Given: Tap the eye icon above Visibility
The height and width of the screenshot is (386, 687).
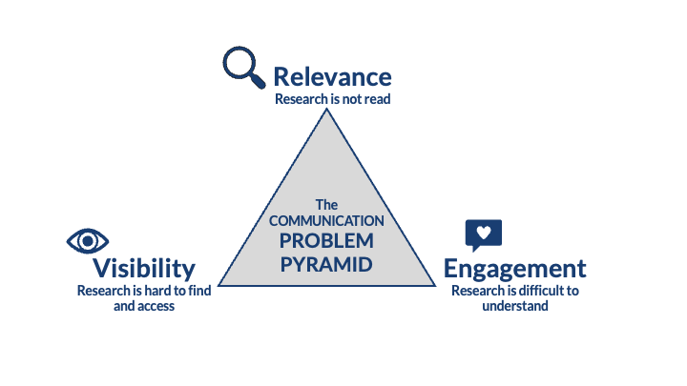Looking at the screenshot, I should tap(88, 240).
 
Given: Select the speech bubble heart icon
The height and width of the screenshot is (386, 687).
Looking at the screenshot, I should tap(483, 234).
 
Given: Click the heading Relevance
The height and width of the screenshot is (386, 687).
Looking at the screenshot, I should tap(332, 76).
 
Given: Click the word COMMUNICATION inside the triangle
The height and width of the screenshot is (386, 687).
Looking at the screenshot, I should tap(327, 220).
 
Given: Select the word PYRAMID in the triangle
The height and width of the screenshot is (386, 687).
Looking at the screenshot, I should tap(327, 261).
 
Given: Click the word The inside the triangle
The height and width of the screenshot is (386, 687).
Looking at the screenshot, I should tap(327, 204).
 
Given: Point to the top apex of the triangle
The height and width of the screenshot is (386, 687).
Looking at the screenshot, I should tap(327, 109).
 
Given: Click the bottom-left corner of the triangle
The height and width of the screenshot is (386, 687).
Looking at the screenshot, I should tap(219, 285).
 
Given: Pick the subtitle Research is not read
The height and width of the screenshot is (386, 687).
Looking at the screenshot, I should tap(332, 98).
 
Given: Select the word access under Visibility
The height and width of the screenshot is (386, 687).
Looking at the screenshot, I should tap(156, 306).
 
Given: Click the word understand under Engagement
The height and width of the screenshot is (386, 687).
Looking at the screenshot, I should tap(514, 306).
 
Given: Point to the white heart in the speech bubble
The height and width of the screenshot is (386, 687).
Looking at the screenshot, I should tap(483, 232).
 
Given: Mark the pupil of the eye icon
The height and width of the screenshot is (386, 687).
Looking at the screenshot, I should tap(88, 240).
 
